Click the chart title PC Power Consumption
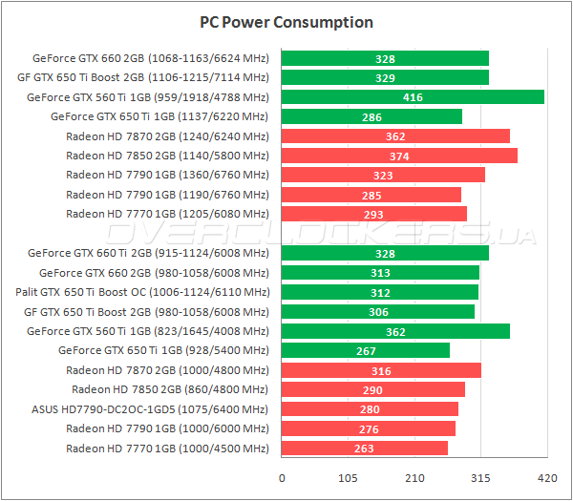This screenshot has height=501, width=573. (x=286, y=22)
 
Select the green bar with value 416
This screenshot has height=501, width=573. (x=413, y=97)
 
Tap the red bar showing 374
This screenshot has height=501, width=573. (x=399, y=156)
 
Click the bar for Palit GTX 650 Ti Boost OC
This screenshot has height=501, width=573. (x=380, y=292)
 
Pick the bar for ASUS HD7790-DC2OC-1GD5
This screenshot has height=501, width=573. (x=370, y=409)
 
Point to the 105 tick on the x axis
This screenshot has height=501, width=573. (x=348, y=478)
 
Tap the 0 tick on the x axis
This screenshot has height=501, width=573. (x=282, y=478)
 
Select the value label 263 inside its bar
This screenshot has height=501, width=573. (x=364, y=449)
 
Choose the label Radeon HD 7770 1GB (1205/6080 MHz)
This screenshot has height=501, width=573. (x=167, y=214)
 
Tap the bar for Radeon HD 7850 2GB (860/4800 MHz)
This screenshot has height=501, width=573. (x=373, y=389)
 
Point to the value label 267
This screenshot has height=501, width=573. (x=366, y=350)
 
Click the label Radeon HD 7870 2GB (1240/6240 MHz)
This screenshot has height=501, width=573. (x=167, y=136)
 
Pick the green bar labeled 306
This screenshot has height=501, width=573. (x=378, y=311)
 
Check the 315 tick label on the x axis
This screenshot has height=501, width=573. (x=479, y=478)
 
